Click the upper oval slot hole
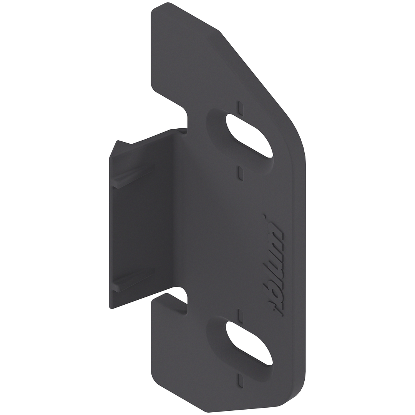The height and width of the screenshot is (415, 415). [249, 136]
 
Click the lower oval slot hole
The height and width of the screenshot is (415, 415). [249, 343]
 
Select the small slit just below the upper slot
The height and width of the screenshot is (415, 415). [240, 173]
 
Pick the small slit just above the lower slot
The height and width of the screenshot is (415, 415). [240, 315]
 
